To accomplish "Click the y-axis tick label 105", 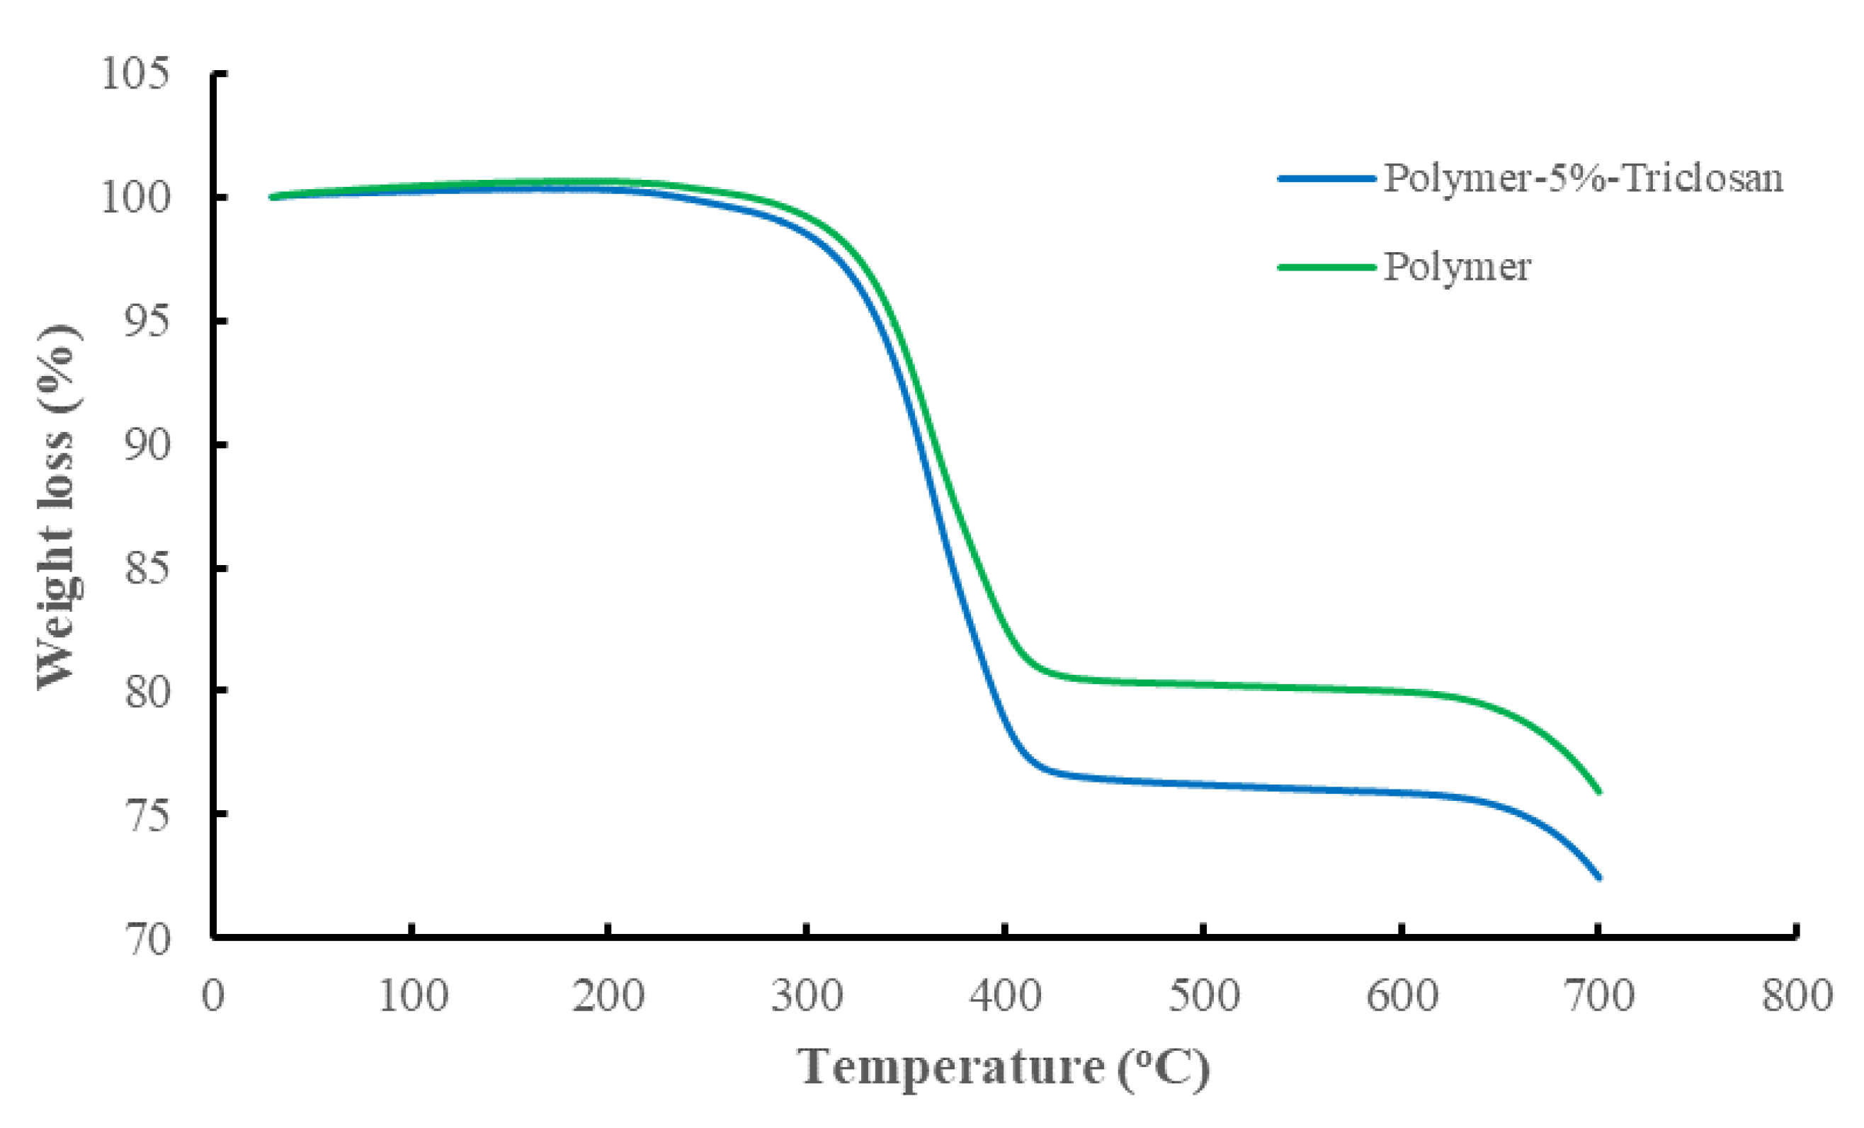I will click(x=135, y=74).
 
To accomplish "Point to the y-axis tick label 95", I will click(x=147, y=321).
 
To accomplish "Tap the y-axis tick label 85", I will click(x=147, y=567).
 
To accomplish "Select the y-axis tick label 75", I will click(x=147, y=815).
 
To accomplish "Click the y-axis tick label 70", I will click(x=147, y=940).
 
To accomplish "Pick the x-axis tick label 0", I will click(x=213, y=996).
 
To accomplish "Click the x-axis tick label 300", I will click(x=807, y=996).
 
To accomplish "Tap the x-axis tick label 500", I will click(x=1203, y=996).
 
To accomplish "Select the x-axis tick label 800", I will click(x=1797, y=996).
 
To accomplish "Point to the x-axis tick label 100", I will click(x=412, y=996).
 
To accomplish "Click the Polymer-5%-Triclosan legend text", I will click(x=1584, y=178).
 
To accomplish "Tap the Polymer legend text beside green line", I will click(x=1457, y=266).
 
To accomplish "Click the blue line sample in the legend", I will click(x=1326, y=178).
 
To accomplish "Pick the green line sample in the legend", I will click(x=1326, y=266).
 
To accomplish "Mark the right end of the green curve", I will click(x=1598, y=792).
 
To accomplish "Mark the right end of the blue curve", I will click(x=1598, y=877).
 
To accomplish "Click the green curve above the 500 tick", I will click(x=1203, y=685).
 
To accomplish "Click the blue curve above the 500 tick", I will click(x=1203, y=785).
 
